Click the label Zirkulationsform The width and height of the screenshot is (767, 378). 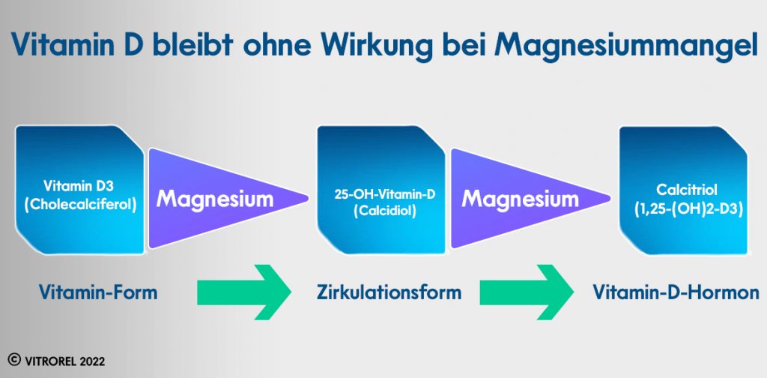tap(389, 292)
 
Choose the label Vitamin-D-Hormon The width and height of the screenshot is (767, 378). tap(676, 292)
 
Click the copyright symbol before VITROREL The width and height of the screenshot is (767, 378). tap(13, 361)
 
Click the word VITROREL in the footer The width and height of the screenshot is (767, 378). tap(47, 361)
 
